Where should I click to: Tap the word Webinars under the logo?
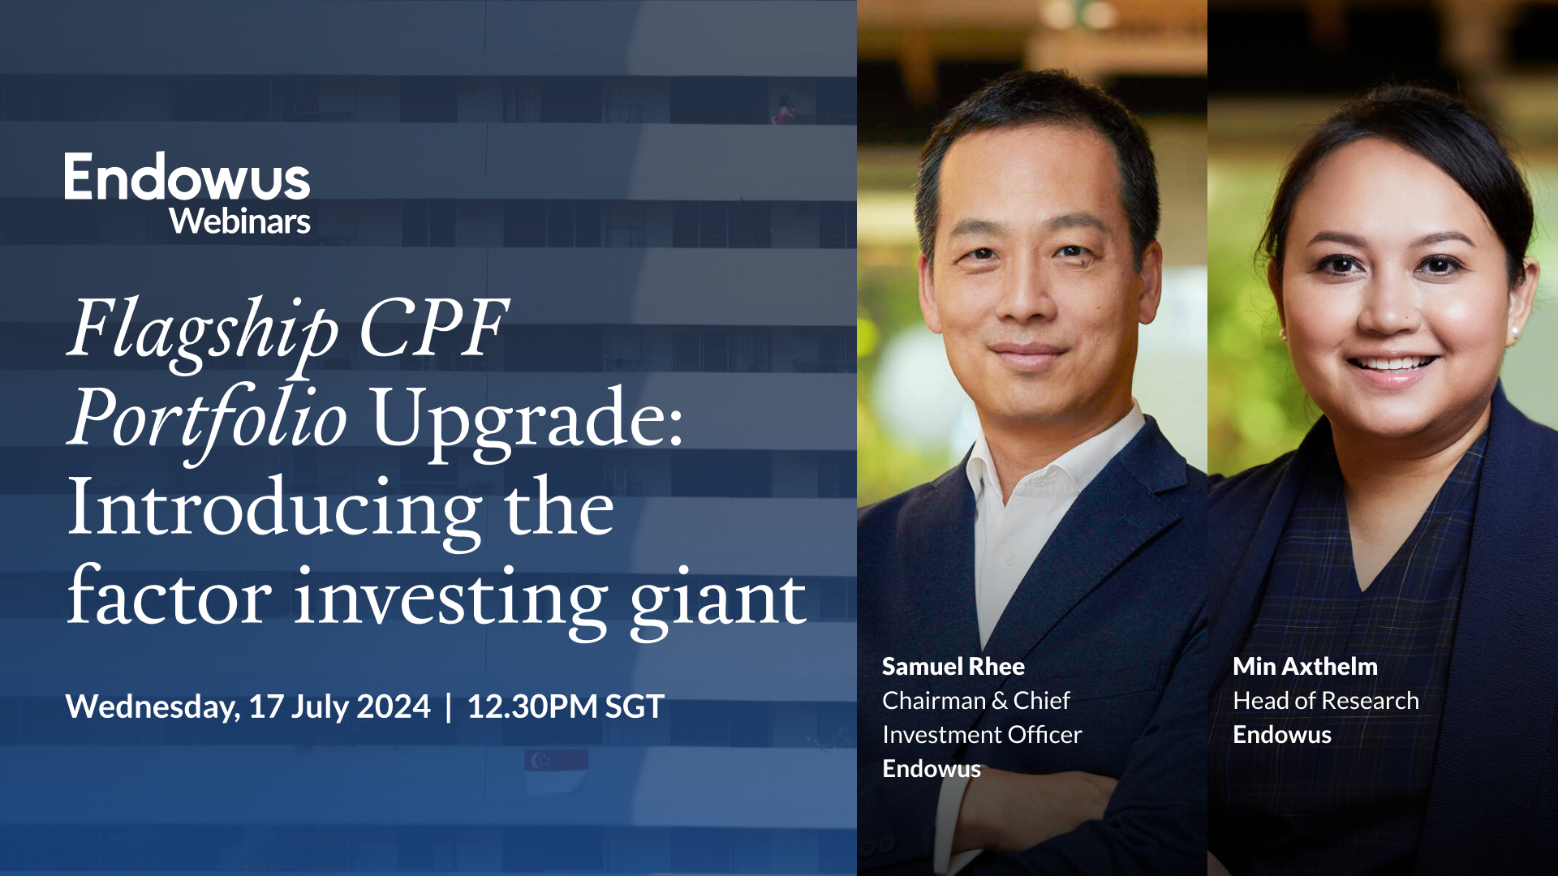[x=239, y=221]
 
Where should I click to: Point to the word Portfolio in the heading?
[x=208, y=419]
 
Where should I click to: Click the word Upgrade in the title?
[x=526, y=419]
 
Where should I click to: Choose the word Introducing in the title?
[x=274, y=508]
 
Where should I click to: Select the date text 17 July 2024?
[x=339, y=706]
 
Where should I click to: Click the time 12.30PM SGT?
[x=566, y=706]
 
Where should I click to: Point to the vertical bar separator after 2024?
[x=449, y=706]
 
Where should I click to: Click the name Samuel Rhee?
[x=953, y=667]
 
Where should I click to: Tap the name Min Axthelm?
[x=1305, y=667]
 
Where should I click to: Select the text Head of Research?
[x=1326, y=701]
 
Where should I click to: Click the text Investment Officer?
[x=982, y=735]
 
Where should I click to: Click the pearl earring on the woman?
[x=1515, y=333]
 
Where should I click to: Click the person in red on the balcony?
[x=784, y=110]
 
